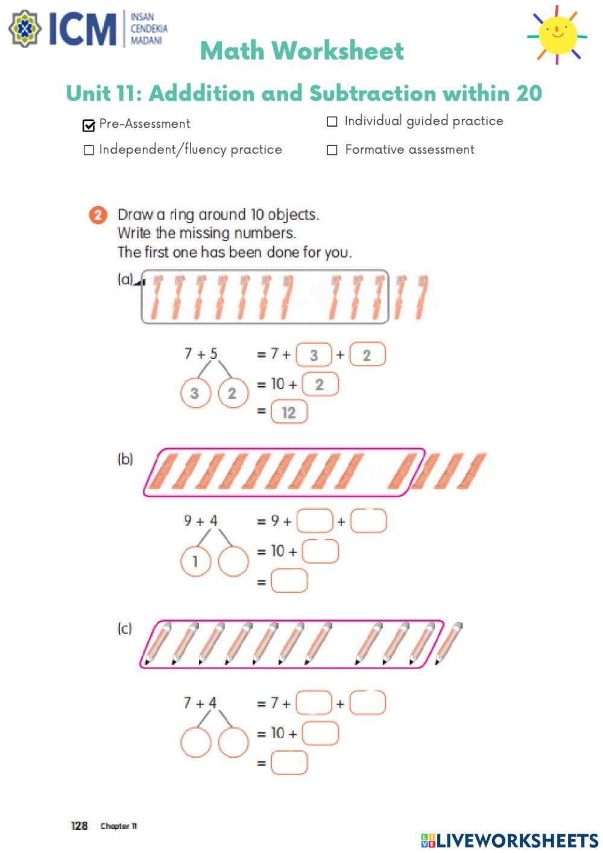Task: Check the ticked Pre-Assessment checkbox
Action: click(x=89, y=125)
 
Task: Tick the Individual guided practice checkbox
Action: click(x=332, y=122)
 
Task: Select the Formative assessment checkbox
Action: click(x=332, y=150)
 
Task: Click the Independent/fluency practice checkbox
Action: click(x=89, y=150)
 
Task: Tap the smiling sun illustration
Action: click(x=557, y=34)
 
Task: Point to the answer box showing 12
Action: click(x=289, y=413)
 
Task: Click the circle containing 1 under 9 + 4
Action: click(x=195, y=562)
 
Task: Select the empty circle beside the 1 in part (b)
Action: click(x=233, y=562)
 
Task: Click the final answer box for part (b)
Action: click(x=289, y=581)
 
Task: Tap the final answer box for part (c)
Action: click(x=289, y=763)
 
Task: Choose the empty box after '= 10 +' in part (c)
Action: click(x=320, y=734)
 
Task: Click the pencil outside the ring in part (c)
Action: click(x=449, y=643)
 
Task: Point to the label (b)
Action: click(x=125, y=459)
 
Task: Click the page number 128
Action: click(x=79, y=826)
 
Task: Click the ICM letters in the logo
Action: click(x=82, y=29)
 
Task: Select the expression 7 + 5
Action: click(x=201, y=354)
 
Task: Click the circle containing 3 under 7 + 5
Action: click(x=195, y=393)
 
